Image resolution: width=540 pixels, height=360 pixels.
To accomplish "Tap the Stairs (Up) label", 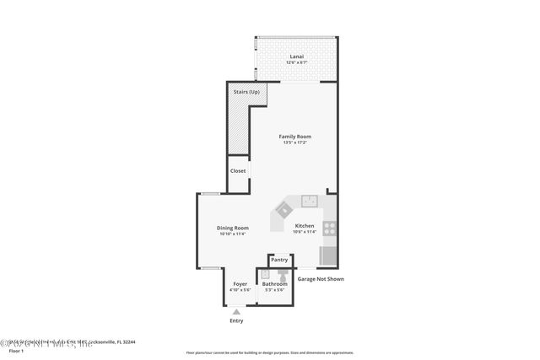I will pyautogui.click(x=246, y=91).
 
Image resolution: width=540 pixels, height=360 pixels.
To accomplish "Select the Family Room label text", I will pyautogui.click(x=295, y=137).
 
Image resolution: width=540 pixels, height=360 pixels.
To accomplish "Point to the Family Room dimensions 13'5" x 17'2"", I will pyautogui.click(x=295, y=142).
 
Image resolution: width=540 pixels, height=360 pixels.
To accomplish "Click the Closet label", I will pyautogui.click(x=238, y=170).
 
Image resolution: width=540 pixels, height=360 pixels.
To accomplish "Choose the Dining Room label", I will pyautogui.click(x=233, y=228).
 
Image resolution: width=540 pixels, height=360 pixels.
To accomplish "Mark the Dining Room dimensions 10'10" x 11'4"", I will pyautogui.click(x=233, y=234).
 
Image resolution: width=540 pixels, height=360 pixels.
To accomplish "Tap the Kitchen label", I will pyautogui.click(x=304, y=225).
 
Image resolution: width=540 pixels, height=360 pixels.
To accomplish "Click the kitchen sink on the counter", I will pyautogui.click(x=309, y=201).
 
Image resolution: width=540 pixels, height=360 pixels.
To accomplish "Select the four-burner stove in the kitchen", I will pyautogui.click(x=329, y=227).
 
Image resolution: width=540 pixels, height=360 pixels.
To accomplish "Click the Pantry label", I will pyautogui.click(x=279, y=261).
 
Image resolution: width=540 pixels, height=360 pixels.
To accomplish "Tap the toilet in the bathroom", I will pyautogui.click(x=283, y=275).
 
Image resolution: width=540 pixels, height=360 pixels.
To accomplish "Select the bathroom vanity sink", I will pyautogui.click(x=265, y=274).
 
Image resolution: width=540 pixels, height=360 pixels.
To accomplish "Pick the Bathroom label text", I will pyautogui.click(x=274, y=284).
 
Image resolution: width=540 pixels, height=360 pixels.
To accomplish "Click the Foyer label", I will pyautogui.click(x=240, y=284).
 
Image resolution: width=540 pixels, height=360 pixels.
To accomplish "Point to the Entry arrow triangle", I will pyautogui.click(x=236, y=311).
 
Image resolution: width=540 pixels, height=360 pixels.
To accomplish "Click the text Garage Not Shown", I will pyautogui.click(x=320, y=279).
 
